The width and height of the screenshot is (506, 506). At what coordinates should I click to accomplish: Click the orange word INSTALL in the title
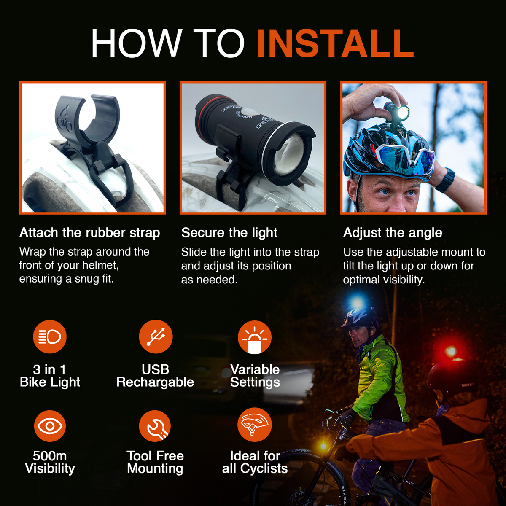click(335, 43)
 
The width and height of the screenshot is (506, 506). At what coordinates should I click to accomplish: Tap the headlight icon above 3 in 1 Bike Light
click(50, 337)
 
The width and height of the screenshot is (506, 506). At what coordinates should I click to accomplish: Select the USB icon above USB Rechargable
click(156, 337)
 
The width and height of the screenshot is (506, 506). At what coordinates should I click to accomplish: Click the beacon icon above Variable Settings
click(254, 337)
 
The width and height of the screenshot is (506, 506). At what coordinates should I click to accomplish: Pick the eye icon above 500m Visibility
click(50, 426)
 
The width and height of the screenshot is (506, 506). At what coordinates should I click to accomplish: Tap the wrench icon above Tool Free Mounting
click(155, 426)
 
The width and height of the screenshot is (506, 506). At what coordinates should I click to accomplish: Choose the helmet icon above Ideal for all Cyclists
click(254, 424)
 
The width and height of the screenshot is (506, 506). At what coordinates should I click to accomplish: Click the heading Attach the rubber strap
click(89, 233)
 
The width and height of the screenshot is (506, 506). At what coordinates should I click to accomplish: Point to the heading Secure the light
click(229, 233)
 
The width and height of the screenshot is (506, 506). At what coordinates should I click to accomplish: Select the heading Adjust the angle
click(392, 233)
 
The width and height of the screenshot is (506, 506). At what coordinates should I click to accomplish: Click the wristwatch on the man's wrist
click(446, 180)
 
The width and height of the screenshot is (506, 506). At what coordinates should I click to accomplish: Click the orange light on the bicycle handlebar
click(324, 445)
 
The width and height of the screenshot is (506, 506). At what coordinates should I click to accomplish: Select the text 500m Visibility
click(50, 462)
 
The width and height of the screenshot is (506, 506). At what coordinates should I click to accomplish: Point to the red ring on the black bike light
click(205, 112)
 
